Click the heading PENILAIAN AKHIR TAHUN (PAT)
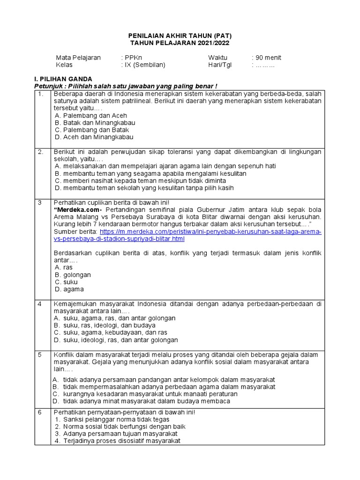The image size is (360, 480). click(180, 36)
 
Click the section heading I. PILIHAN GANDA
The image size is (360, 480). click(64, 79)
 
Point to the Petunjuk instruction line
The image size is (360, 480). click(126, 86)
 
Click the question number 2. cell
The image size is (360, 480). click(43, 152)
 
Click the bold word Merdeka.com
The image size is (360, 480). click(76, 210)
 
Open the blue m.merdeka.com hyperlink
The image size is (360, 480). click(211, 232)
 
